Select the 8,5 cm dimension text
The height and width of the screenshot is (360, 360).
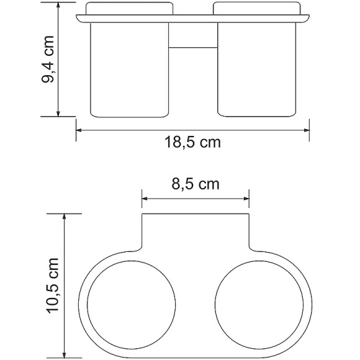click(x=195, y=184)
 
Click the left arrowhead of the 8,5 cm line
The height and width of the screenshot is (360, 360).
click(x=145, y=199)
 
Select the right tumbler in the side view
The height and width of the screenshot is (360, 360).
click(x=255, y=68)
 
